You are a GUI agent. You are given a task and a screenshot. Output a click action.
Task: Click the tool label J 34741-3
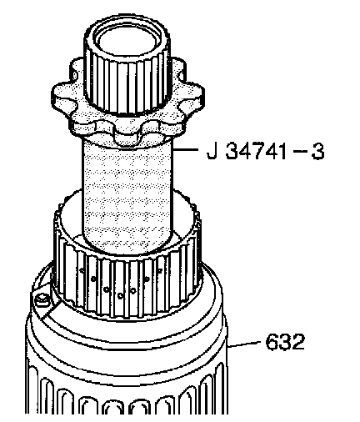[x=266, y=152]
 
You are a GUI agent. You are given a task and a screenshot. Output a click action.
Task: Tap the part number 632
[x=285, y=341]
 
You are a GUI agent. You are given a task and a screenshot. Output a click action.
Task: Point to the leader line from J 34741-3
[x=185, y=149]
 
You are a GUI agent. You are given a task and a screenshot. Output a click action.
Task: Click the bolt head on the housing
[x=42, y=300]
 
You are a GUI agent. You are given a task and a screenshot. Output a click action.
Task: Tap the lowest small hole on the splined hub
[x=120, y=295]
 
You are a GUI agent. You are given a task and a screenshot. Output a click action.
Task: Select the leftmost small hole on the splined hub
[x=82, y=269]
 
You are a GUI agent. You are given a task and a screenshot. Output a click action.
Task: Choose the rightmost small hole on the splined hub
[x=160, y=269]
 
